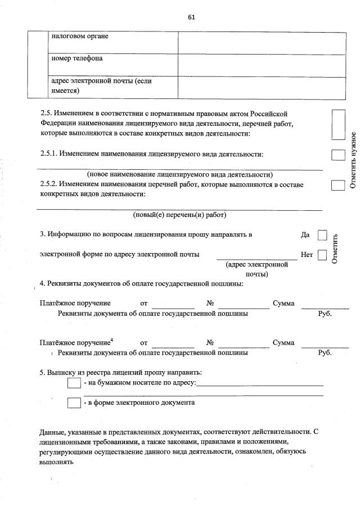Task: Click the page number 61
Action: pyautogui.click(x=191, y=17)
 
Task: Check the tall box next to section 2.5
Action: pyautogui.click(x=337, y=125)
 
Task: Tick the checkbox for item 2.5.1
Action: pyautogui.click(x=337, y=155)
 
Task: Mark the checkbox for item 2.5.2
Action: pyautogui.click(x=337, y=185)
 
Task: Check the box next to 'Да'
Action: pyautogui.click(x=322, y=234)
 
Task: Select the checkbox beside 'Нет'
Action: pyautogui.click(x=322, y=255)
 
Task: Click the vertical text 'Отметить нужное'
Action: pyautogui.click(x=353, y=160)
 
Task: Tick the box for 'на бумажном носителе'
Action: pyautogui.click(x=74, y=383)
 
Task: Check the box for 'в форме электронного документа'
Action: pyautogui.click(x=74, y=403)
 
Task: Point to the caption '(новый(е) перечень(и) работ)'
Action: pyautogui.click(x=179, y=215)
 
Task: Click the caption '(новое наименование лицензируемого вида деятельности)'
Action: pyautogui.click(x=180, y=174)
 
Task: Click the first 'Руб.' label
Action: pyautogui.click(x=325, y=314)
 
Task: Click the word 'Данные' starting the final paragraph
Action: pyautogui.click(x=52, y=432)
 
